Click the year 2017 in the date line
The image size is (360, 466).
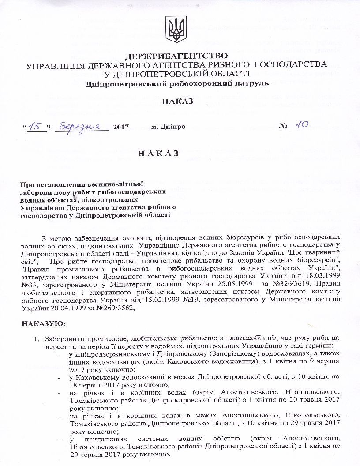tap(121, 127)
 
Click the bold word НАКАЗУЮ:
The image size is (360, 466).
tap(43, 324)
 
